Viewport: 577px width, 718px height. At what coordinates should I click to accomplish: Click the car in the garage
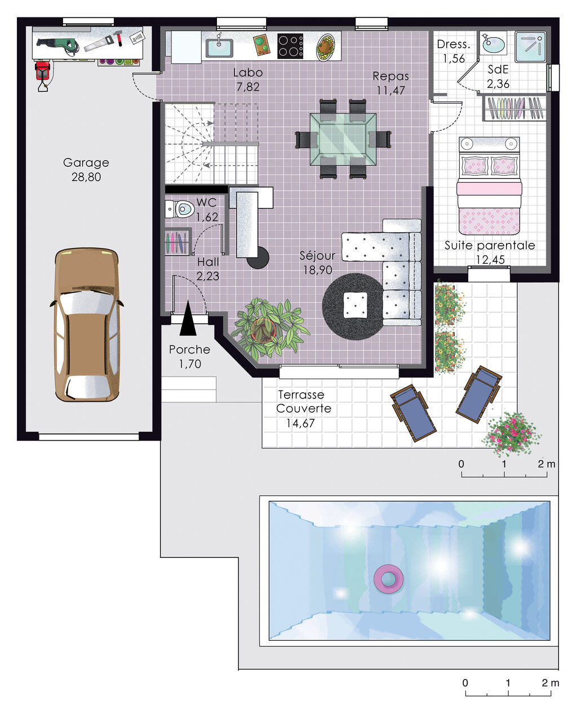(86, 325)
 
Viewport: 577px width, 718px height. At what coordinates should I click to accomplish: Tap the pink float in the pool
(389, 579)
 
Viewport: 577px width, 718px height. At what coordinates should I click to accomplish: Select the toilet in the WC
(182, 210)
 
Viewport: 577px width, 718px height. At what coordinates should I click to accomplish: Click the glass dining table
(343, 139)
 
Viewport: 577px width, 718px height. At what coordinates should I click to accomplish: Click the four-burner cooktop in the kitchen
(290, 46)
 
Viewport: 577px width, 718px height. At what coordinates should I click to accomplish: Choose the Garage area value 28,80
(86, 177)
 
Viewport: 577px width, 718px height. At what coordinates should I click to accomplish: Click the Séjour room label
(318, 256)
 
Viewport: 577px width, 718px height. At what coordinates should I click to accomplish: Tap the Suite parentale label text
(489, 246)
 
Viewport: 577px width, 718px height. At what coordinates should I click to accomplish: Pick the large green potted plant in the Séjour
(269, 329)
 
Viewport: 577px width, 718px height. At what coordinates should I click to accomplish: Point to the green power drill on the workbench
(58, 44)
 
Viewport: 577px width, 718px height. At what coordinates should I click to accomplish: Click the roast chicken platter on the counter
(326, 47)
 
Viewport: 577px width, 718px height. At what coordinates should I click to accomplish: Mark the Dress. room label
(453, 45)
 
